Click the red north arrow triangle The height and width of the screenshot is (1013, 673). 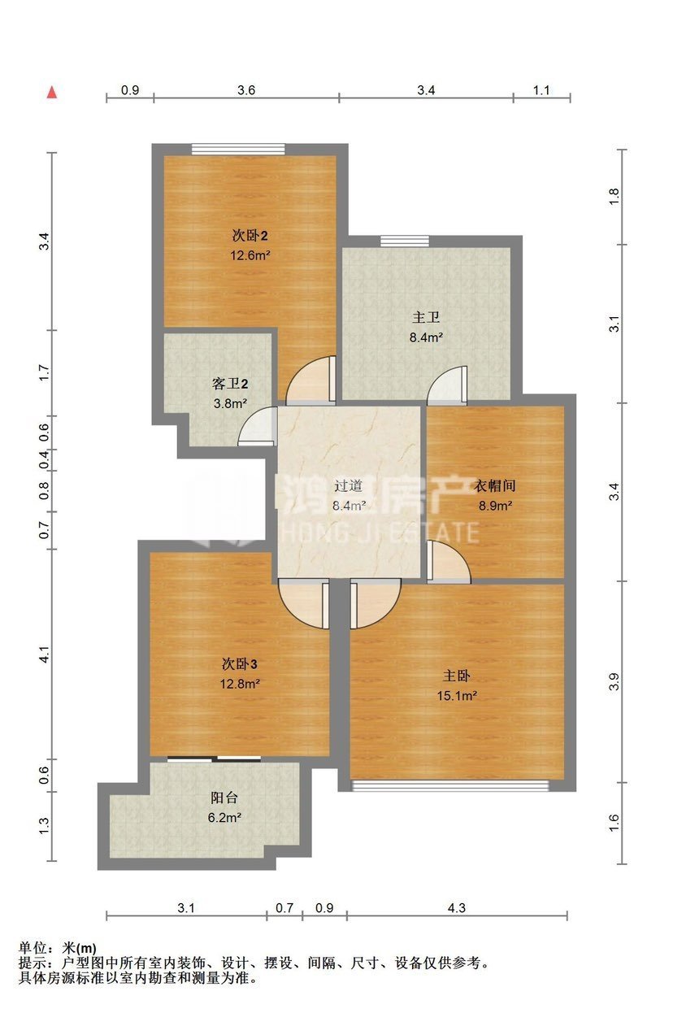click(x=53, y=92)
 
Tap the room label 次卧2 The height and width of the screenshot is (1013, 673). click(x=250, y=235)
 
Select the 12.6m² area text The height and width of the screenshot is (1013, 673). click(x=250, y=255)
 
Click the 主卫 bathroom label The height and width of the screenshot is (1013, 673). click(x=426, y=317)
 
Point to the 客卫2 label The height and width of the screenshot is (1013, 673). click(x=230, y=384)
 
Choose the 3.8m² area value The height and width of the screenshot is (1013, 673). click(x=230, y=403)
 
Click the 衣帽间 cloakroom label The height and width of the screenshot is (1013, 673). click(x=494, y=485)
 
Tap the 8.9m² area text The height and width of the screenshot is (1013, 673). click(x=495, y=505)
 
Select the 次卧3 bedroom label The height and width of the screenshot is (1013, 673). click(x=240, y=664)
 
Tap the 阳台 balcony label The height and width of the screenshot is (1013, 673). click(x=224, y=798)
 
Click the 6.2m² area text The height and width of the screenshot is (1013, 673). click(x=224, y=817)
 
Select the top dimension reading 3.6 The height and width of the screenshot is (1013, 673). click(x=246, y=90)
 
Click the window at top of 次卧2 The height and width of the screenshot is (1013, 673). click(x=238, y=150)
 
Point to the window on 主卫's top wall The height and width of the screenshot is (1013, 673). click(x=404, y=241)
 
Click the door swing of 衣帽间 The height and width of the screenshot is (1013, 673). click(x=449, y=561)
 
